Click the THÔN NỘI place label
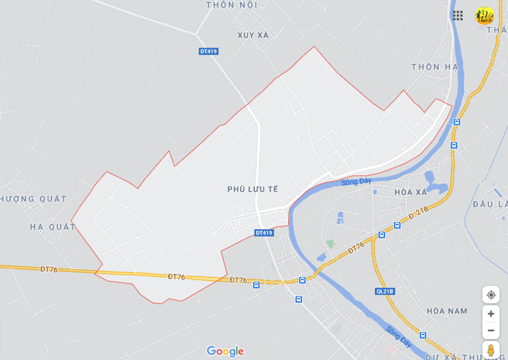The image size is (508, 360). coord(231,5)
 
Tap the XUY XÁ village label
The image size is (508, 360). coord(253,35)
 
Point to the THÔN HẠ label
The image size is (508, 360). coord(435,67)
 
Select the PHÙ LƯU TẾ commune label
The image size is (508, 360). coord(253,189)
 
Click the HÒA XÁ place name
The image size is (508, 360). coord(411,192)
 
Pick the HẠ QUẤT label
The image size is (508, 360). coord(53,227)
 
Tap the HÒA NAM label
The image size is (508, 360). coord(447,311)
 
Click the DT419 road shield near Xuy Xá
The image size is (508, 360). coord(209,51)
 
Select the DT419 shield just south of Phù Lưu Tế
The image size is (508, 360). coord(264,233)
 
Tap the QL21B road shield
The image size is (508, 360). coord(384,291)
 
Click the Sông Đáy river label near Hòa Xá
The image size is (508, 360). coord(356,182)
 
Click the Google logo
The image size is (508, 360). coord(225,351)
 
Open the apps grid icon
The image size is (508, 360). coord(458,15)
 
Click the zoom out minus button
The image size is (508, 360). coord(491,331)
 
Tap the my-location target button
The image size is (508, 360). coord(491,295)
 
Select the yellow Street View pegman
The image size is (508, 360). coord(491,350)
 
